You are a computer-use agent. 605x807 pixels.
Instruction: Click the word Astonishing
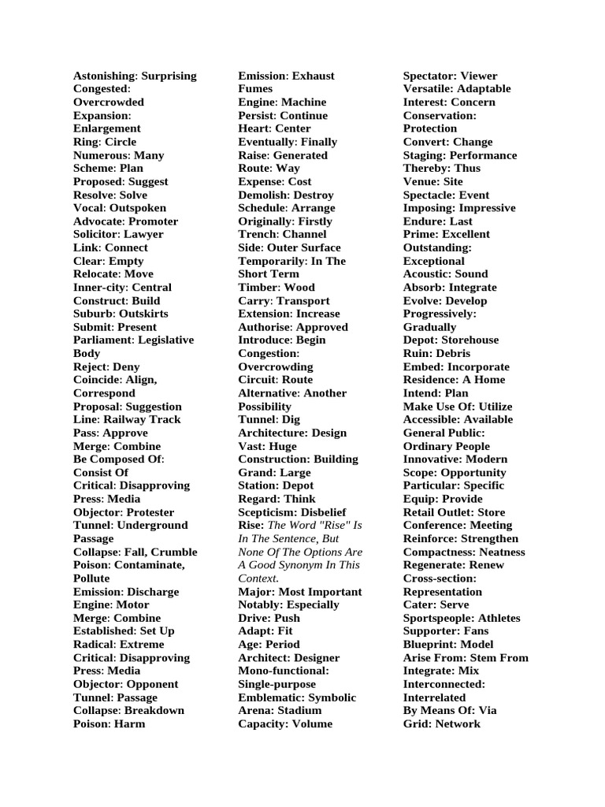click(104, 76)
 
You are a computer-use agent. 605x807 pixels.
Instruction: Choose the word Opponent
click(153, 684)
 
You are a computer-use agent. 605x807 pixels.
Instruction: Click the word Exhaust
click(314, 76)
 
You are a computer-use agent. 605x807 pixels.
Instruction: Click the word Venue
click(421, 181)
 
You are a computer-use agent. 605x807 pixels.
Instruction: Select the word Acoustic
click(427, 273)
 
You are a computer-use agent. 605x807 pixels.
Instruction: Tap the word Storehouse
click(470, 340)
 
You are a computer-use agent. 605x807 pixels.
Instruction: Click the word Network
click(458, 723)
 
